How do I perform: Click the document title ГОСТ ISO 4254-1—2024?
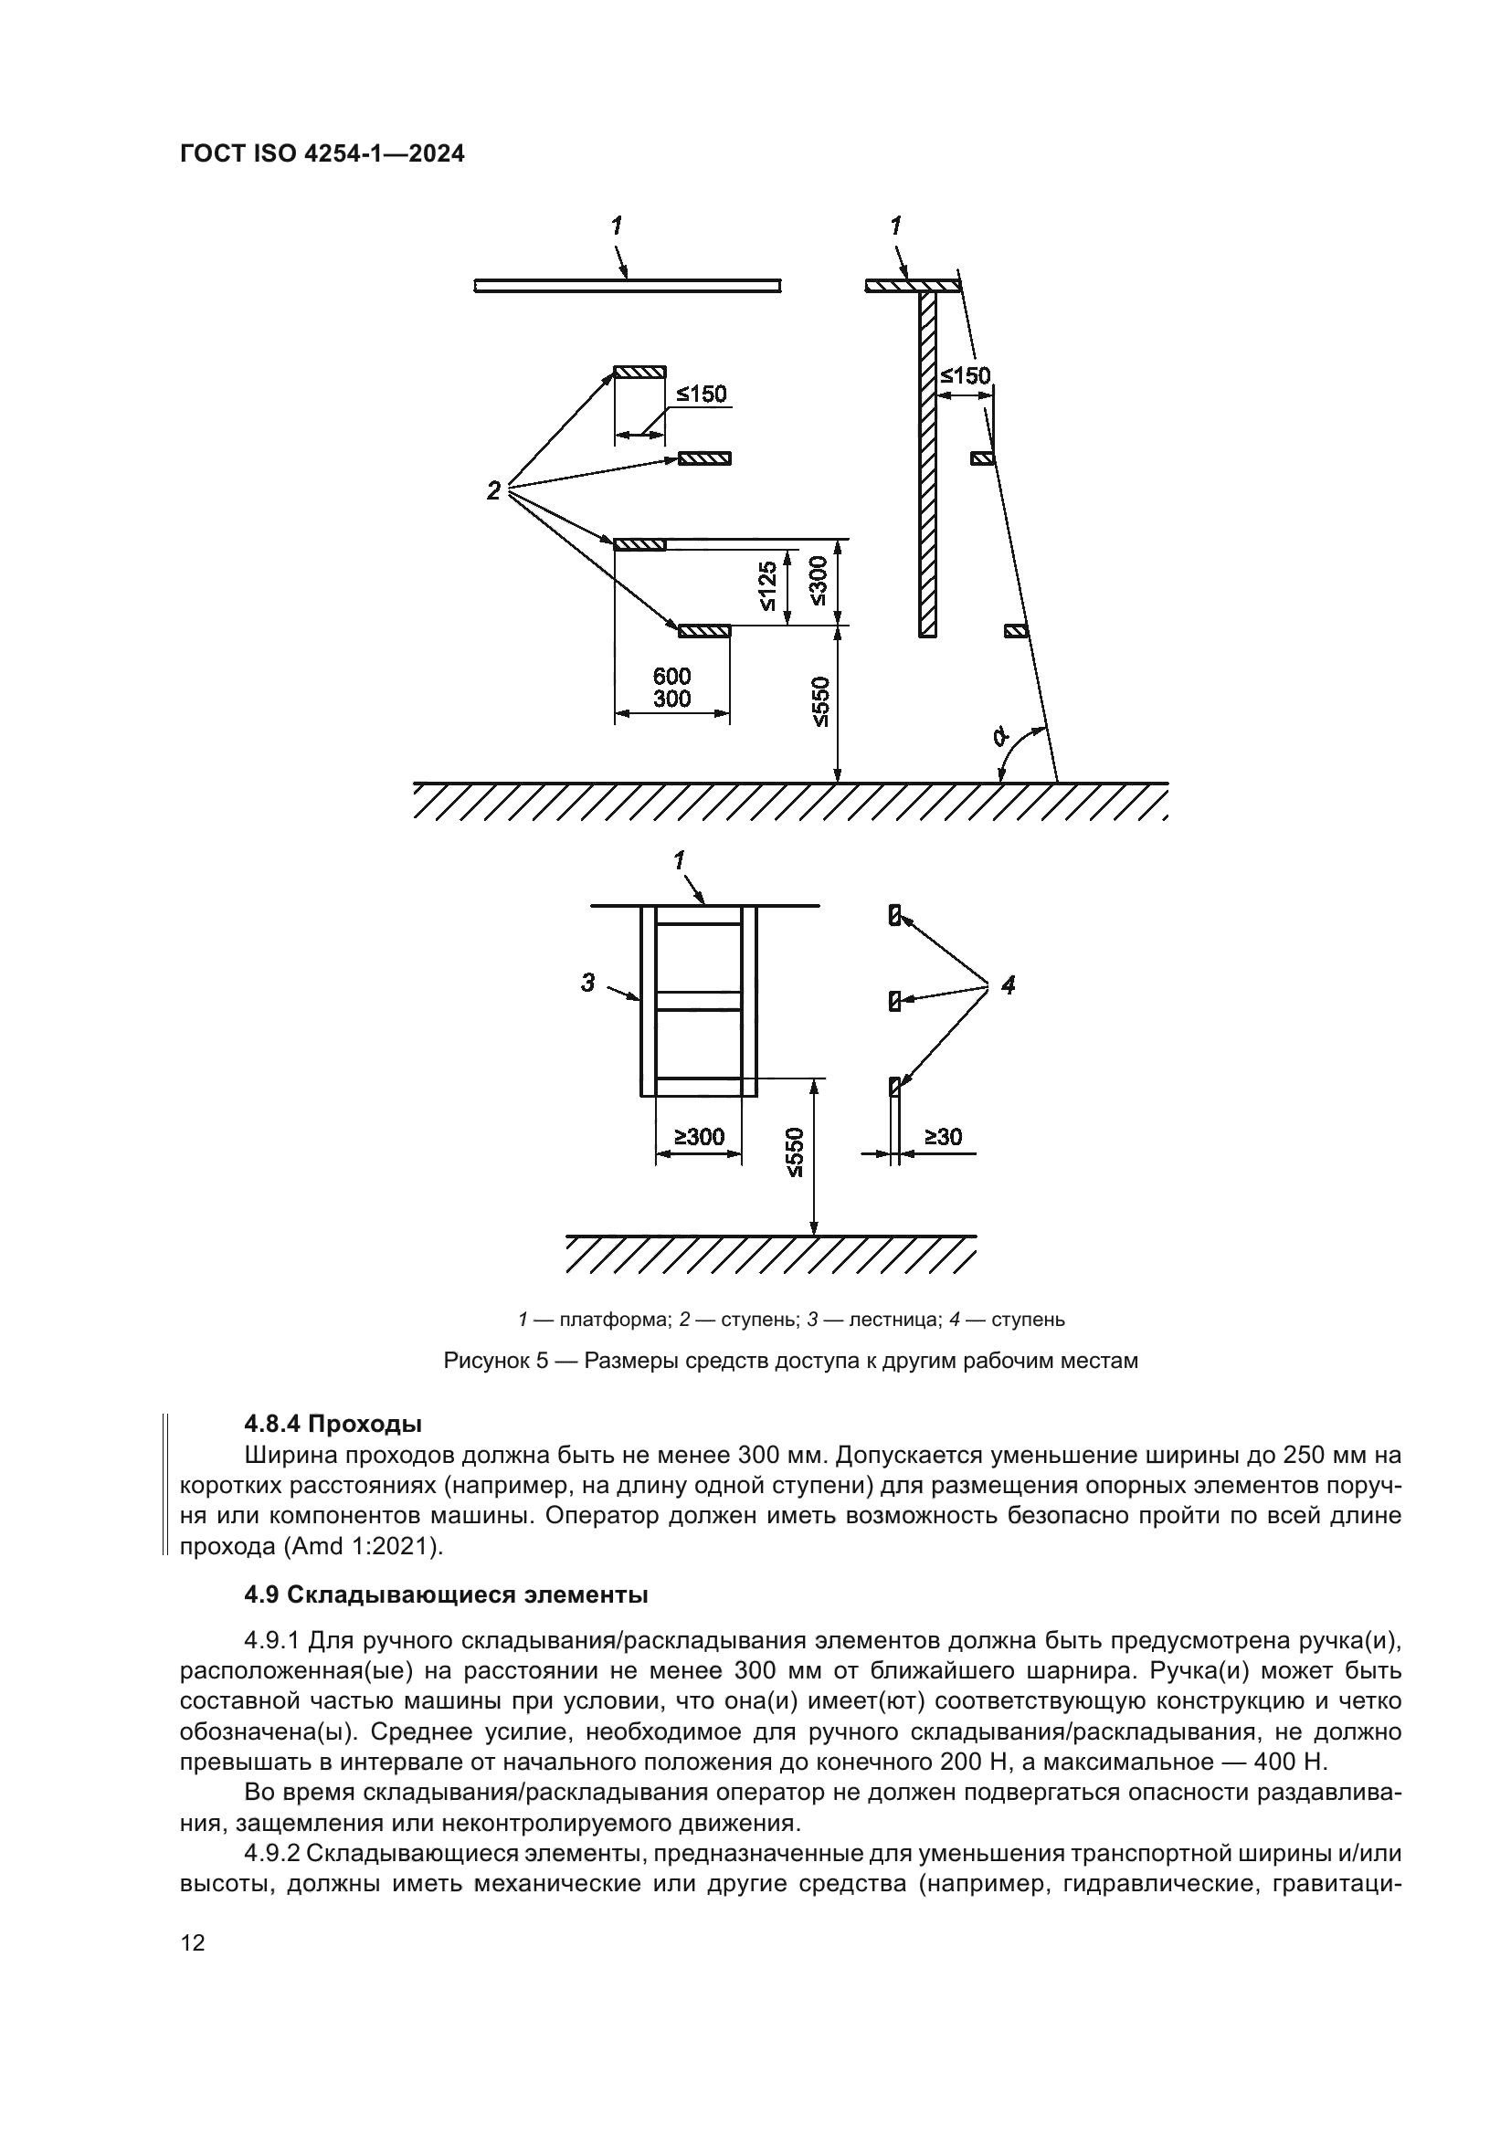pyautogui.click(x=321, y=154)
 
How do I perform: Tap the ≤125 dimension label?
pyautogui.click(x=766, y=587)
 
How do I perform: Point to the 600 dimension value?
pyautogui.click(x=671, y=677)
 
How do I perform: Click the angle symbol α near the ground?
pyautogui.click(x=1000, y=737)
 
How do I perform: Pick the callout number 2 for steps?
pyautogui.click(x=493, y=490)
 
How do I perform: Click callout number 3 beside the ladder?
pyautogui.click(x=587, y=982)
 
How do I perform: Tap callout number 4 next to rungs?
pyautogui.click(x=1009, y=984)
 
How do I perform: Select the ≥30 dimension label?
pyautogui.click(x=943, y=1137)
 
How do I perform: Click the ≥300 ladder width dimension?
pyautogui.click(x=699, y=1136)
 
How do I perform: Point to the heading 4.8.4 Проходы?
pyautogui.click(x=333, y=1425)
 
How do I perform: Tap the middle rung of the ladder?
pyautogui.click(x=699, y=1001)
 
